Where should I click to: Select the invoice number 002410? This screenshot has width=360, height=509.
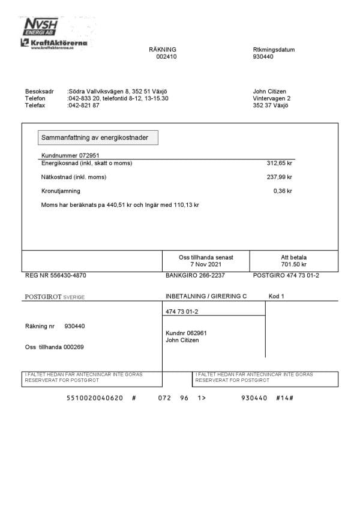pyautogui.click(x=166, y=57)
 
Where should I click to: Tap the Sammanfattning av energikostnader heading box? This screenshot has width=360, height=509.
pyautogui.click(x=98, y=138)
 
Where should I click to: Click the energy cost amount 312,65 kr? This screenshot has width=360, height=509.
pyautogui.click(x=279, y=163)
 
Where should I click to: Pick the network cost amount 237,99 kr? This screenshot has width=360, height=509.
pyautogui.click(x=279, y=177)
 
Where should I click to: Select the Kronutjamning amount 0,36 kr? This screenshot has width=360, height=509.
pyautogui.click(x=283, y=191)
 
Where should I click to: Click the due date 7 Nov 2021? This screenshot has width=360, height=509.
pyautogui.click(x=206, y=264)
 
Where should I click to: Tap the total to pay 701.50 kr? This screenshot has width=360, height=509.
pyautogui.click(x=293, y=264)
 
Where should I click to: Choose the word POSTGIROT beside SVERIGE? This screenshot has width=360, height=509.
pyautogui.click(x=44, y=297)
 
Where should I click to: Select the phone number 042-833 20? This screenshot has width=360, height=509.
pyautogui.click(x=83, y=98)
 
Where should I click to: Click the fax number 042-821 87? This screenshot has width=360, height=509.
pyautogui.click(x=85, y=105)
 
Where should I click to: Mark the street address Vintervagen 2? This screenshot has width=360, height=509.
pyautogui.click(x=272, y=98)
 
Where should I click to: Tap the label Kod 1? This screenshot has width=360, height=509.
pyautogui.click(x=276, y=296)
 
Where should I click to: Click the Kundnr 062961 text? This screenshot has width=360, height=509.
pyautogui.click(x=186, y=333)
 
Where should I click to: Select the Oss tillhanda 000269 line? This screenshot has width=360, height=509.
pyautogui.click(x=54, y=347)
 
